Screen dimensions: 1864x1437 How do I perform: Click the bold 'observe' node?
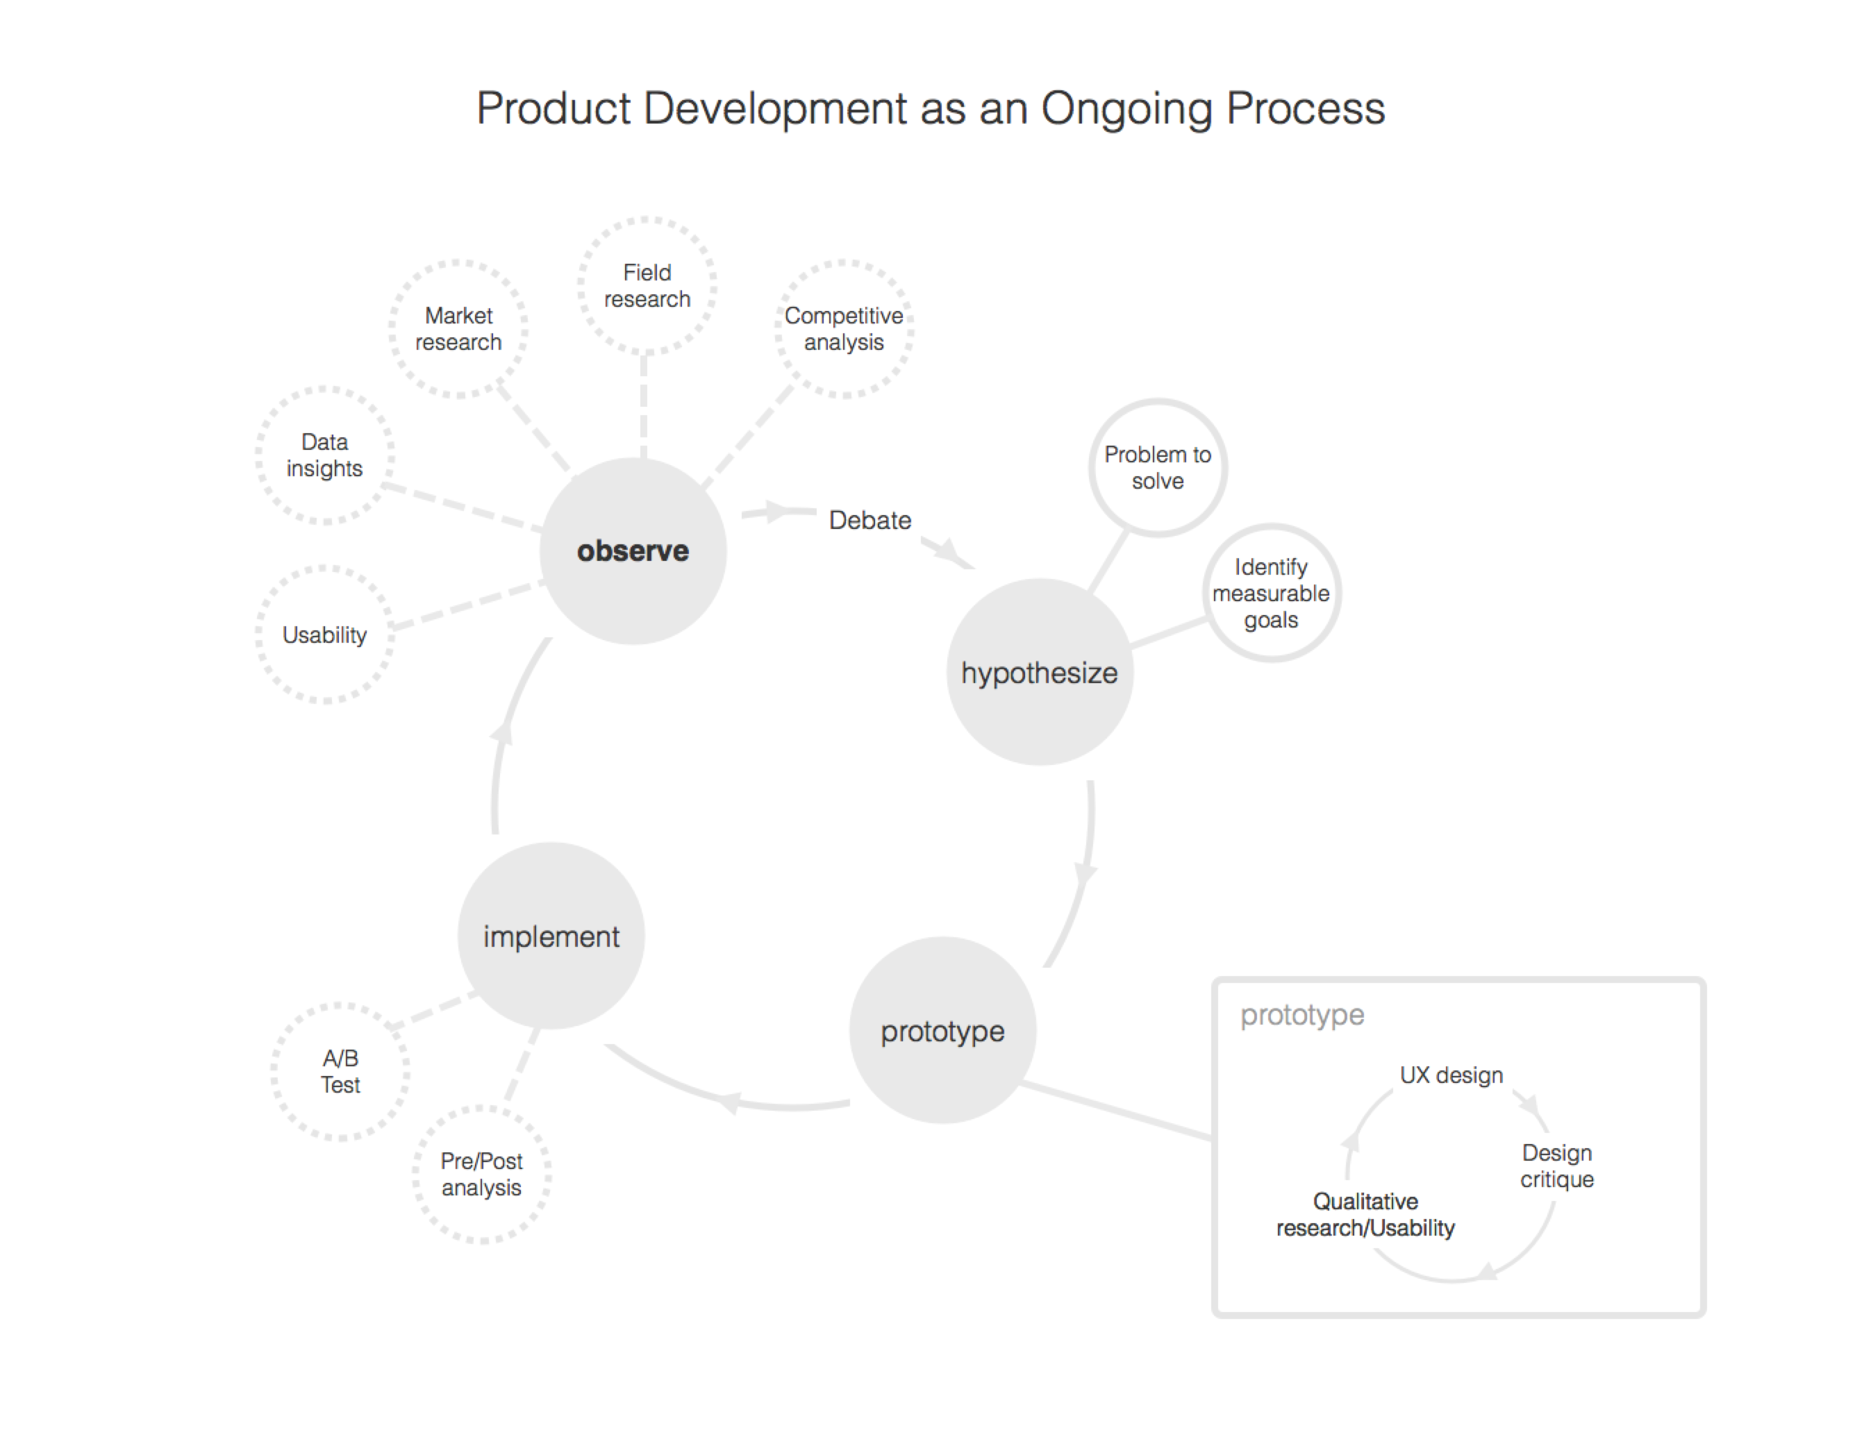(633, 551)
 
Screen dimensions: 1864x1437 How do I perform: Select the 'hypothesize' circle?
(1039, 673)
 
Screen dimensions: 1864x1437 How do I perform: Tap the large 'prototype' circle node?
(942, 1031)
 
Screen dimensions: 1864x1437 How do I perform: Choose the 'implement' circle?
(551, 936)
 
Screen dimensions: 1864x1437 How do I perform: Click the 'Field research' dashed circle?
(646, 285)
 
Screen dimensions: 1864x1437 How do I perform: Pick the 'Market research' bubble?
(458, 328)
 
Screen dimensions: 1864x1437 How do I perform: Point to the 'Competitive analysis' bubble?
(843, 328)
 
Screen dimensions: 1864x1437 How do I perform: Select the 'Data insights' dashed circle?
(324, 455)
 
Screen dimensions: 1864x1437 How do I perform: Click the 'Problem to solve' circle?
(1157, 468)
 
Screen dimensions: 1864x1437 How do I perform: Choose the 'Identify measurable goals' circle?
(1271, 593)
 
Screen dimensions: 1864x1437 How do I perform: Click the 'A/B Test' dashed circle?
(340, 1071)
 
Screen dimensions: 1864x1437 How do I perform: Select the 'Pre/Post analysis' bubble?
(481, 1174)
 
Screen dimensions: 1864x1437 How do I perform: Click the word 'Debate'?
(869, 521)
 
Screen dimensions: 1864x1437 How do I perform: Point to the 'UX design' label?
(1451, 1075)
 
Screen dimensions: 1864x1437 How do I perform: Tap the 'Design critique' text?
(1557, 1166)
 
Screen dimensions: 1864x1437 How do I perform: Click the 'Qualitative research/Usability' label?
(1365, 1214)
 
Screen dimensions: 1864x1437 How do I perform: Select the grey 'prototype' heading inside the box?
(1301, 1015)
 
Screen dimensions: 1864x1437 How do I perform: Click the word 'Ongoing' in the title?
(1126, 109)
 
